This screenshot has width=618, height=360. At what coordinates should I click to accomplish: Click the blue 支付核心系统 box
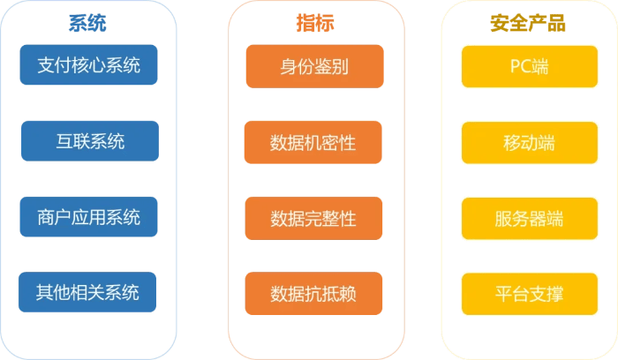click(x=89, y=65)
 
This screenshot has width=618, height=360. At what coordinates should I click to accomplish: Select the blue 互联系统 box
click(x=89, y=141)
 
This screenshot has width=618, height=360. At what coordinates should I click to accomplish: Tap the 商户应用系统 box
click(x=89, y=216)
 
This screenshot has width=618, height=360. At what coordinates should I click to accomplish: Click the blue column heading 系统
click(x=89, y=24)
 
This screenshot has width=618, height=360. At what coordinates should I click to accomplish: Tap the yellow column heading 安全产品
click(x=528, y=24)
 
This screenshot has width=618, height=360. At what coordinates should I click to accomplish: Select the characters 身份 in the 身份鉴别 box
click(x=292, y=66)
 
